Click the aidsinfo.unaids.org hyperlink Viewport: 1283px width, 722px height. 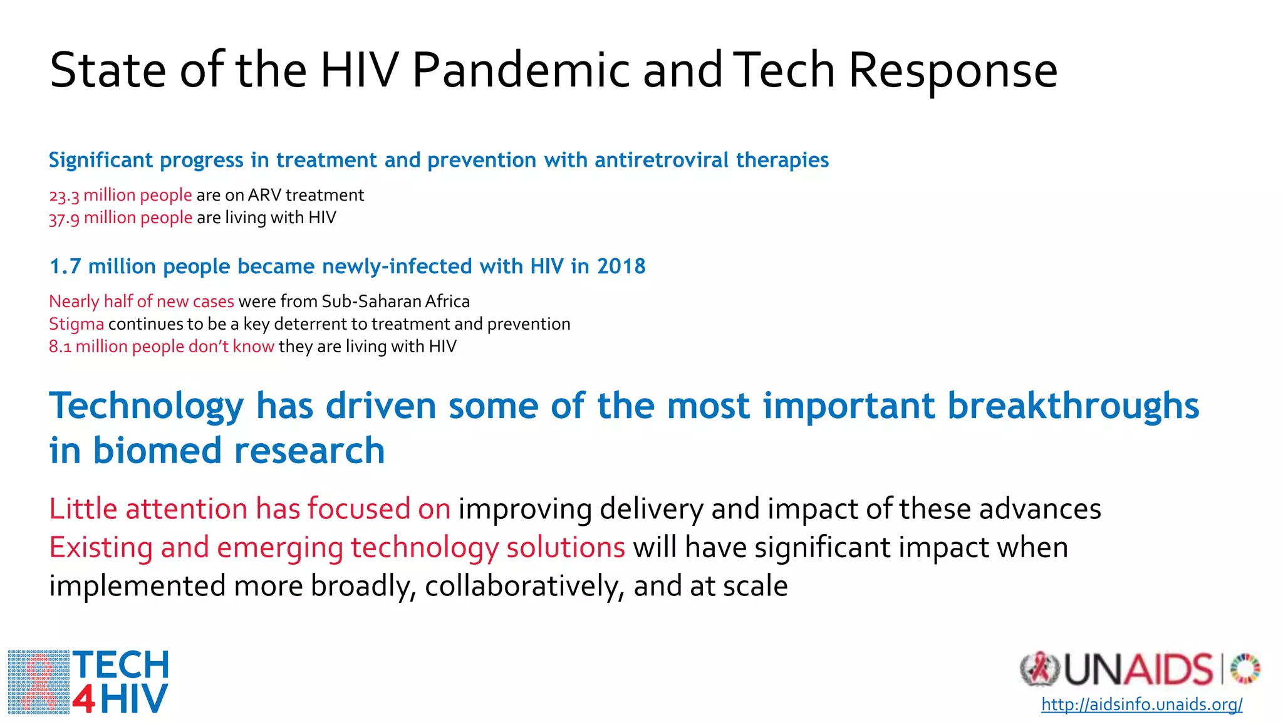(1141, 704)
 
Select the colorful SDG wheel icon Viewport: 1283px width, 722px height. (1245, 668)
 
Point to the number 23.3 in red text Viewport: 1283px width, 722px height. (64, 196)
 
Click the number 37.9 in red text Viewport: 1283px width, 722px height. (64, 219)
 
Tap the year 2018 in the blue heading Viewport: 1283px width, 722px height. (621, 266)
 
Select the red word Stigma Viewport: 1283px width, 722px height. (76, 324)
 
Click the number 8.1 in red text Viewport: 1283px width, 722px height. (60, 347)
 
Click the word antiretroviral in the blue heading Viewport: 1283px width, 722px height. (662, 160)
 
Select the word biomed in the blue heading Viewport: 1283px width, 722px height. (157, 451)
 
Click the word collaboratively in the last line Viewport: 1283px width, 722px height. (524, 587)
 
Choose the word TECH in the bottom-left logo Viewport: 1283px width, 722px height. (121, 666)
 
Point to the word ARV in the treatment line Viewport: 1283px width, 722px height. (264, 196)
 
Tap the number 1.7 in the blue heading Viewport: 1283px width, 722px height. (65, 266)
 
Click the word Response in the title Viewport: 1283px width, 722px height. (953, 70)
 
